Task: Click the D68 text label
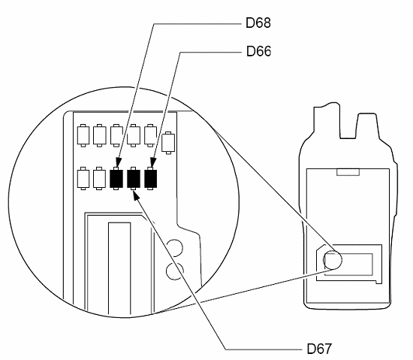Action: pos(258,23)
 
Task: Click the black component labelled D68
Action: pos(116,178)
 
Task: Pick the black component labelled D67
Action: pos(134,178)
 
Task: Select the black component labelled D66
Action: pos(152,178)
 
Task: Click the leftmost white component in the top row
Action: pos(82,135)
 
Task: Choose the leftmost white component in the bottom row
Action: pos(82,178)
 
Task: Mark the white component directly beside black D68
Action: pos(99,178)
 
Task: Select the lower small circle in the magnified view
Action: pos(174,271)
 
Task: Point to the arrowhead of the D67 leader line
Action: pos(136,194)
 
